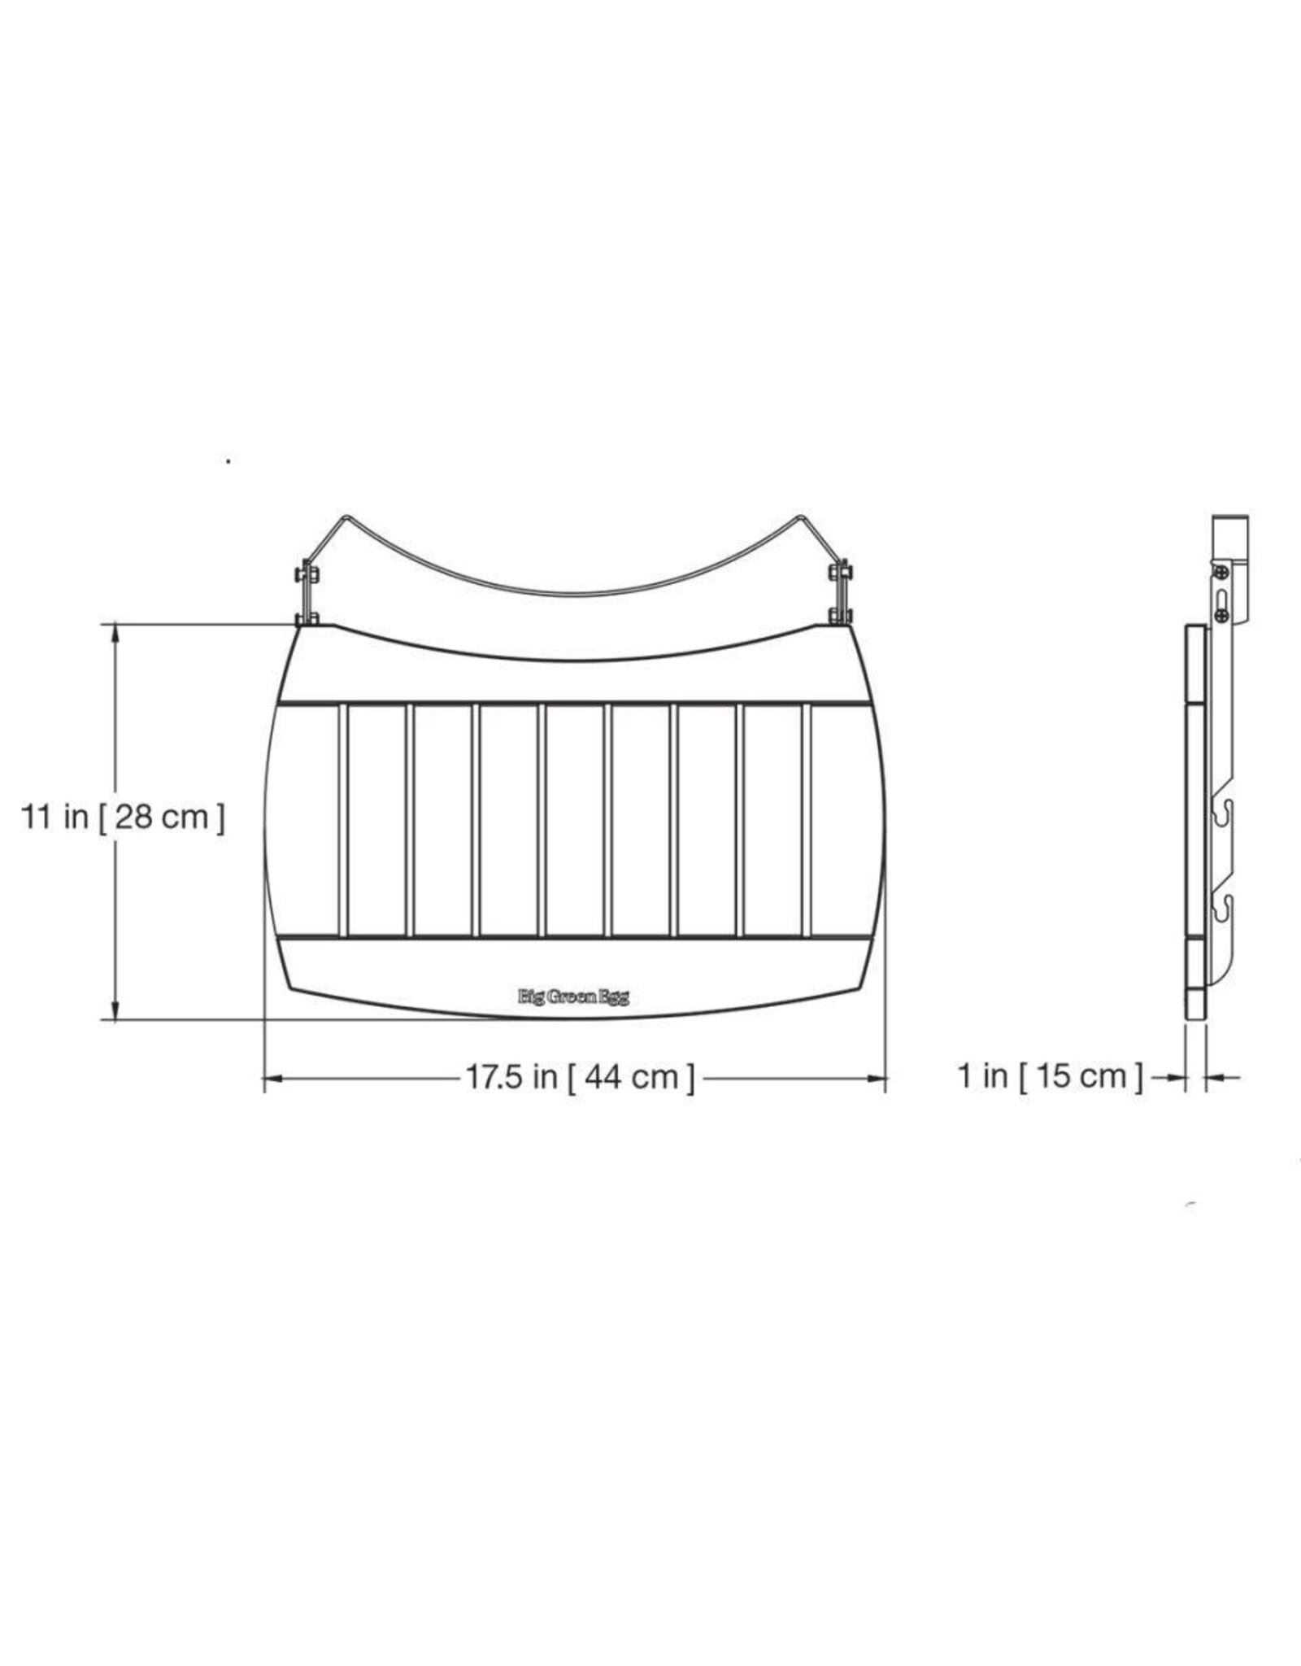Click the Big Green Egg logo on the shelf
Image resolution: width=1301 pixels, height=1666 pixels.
pos(574,997)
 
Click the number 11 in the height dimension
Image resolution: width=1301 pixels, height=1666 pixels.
pos(37,817)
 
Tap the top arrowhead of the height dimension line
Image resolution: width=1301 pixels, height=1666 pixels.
pos(116,634)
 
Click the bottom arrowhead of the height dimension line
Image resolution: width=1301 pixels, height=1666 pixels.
pos(116,1010)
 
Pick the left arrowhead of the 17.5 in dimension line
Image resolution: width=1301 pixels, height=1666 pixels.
pos(273,1079)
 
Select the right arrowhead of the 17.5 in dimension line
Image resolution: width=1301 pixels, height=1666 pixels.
pos(877,1079)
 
